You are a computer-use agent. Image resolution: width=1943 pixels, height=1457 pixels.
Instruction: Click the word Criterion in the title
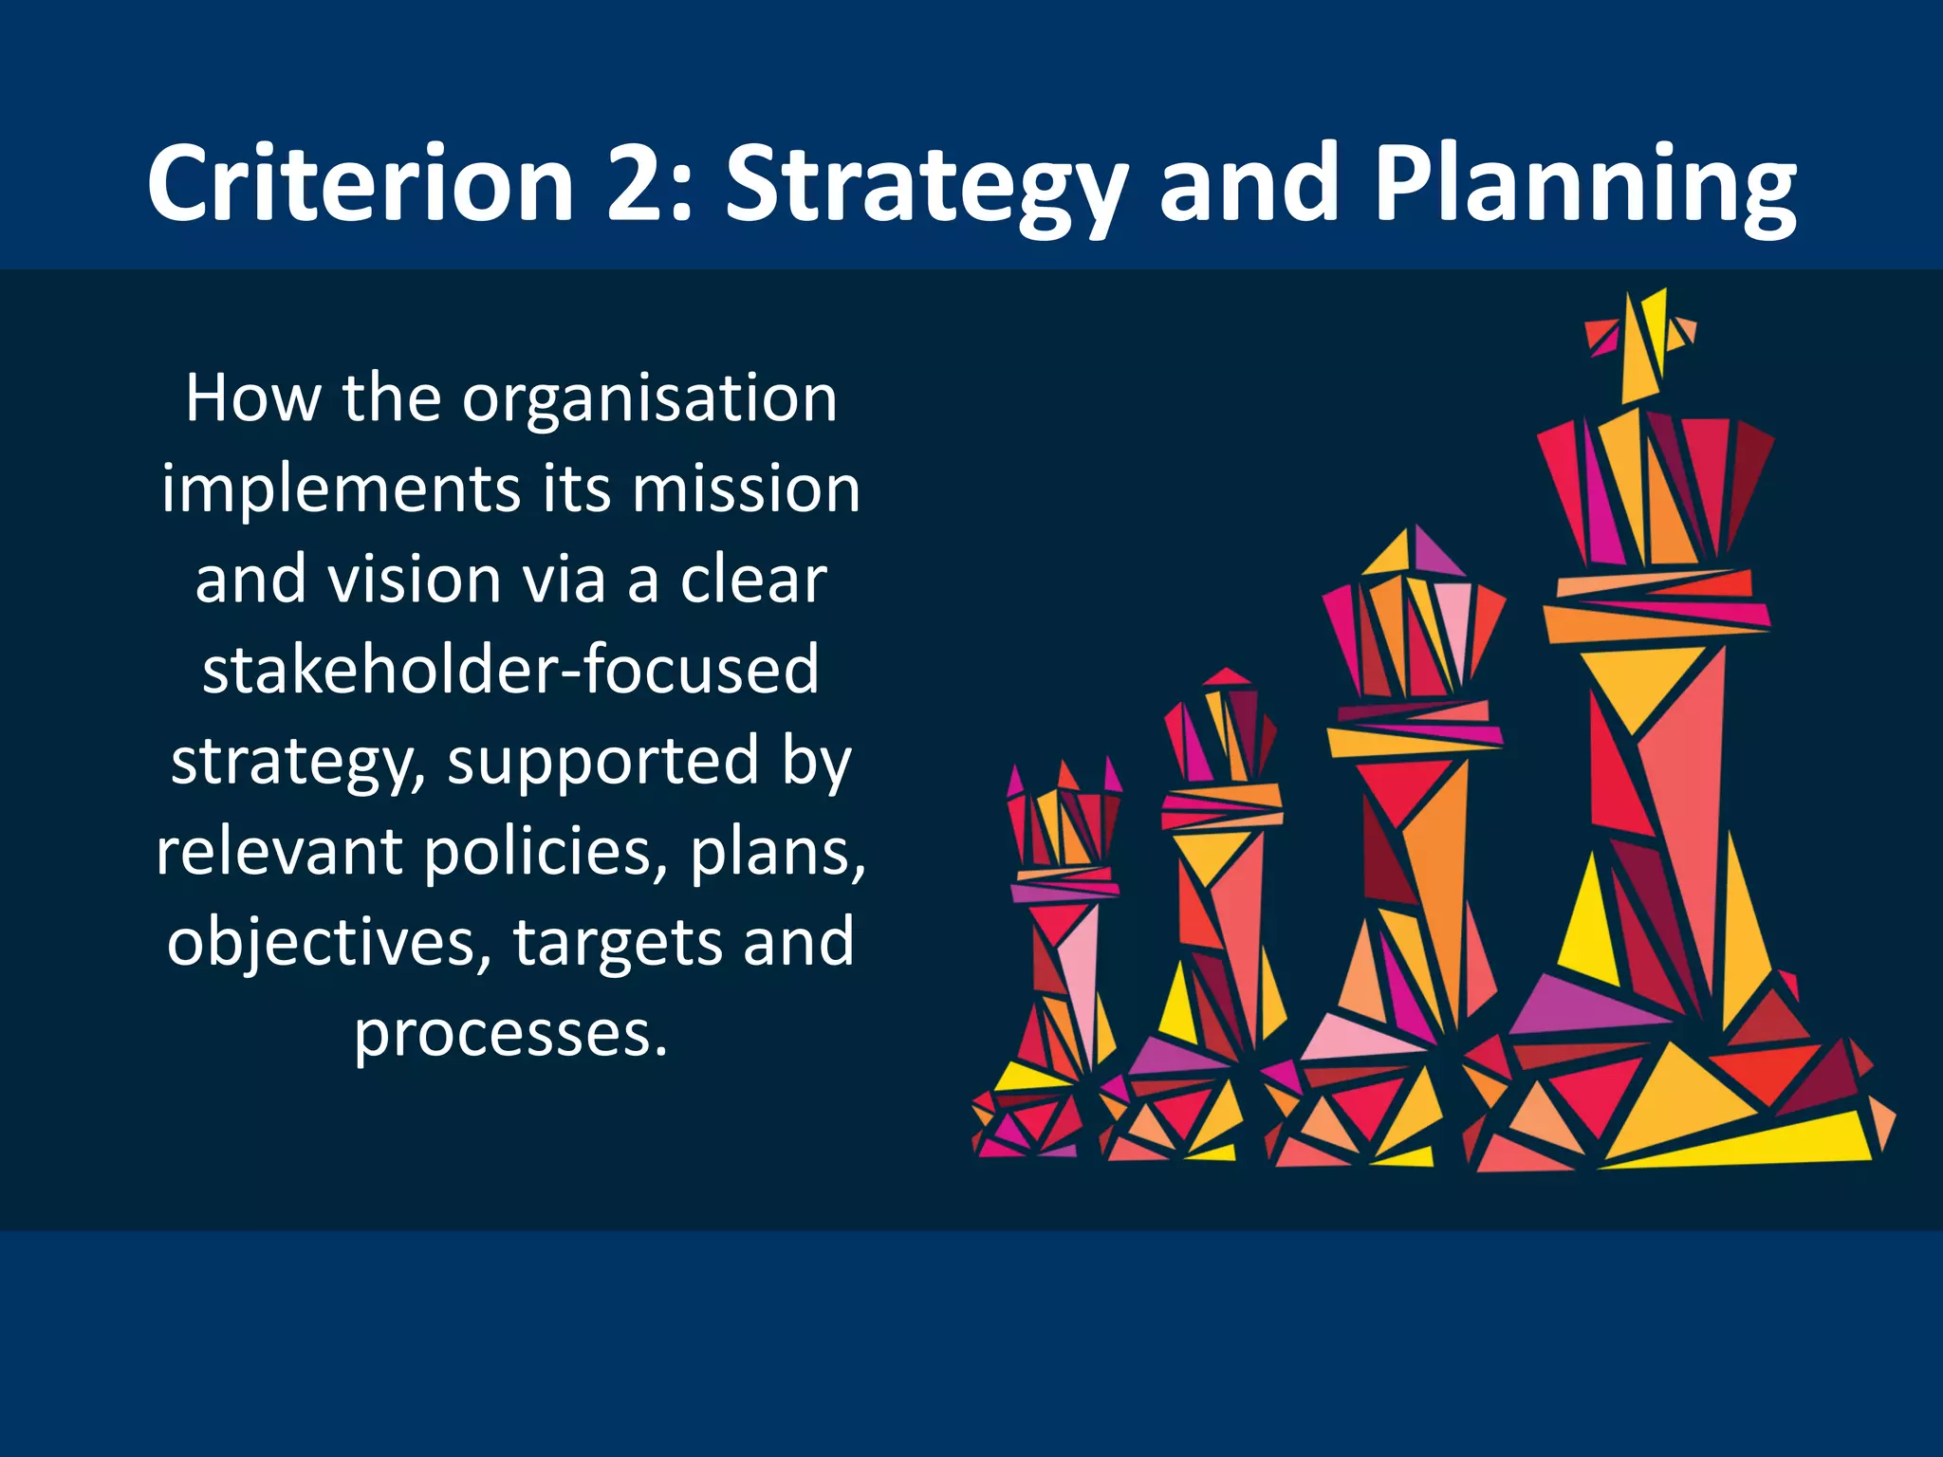361,182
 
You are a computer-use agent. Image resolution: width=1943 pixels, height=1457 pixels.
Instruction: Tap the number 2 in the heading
638,182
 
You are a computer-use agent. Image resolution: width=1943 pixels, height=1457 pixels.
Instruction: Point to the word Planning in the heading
1584,185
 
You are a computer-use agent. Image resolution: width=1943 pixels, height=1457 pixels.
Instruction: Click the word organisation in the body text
650,400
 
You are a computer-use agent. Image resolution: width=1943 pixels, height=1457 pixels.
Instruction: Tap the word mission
746,490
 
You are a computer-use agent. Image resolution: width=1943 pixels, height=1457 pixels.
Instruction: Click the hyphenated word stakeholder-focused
510,670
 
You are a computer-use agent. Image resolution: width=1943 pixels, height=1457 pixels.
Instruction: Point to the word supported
603,762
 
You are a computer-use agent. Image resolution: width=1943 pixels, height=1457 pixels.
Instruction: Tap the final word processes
510,1034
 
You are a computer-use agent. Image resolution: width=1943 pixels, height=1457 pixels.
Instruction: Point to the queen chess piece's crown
1414,617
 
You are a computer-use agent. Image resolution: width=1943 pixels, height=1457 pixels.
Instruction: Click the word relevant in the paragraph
280,852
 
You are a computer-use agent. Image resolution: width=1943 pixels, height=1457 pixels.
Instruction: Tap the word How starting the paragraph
252,398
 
